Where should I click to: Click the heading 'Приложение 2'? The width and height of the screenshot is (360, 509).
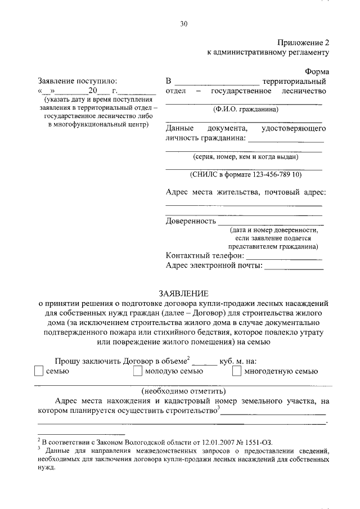[x=301, y=42]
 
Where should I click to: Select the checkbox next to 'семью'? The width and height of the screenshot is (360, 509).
[x=38, y=371]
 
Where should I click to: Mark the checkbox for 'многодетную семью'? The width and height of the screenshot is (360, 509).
[x=237, y=371]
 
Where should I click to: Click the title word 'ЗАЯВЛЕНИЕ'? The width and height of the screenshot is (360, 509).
[x=183, y=293]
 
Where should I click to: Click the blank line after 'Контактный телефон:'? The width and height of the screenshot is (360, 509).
[x=292, y=256]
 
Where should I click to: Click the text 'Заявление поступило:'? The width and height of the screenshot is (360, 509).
[x=77, y=80]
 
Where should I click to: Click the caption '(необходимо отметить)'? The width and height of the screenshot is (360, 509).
[x=183, y=390]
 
